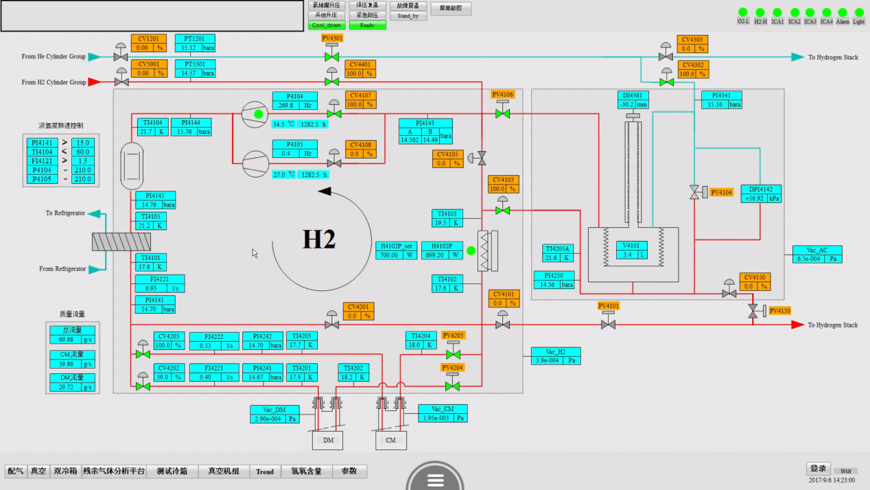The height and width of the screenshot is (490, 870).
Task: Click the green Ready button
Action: (367, 25)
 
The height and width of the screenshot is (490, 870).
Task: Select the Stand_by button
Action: (408, 16)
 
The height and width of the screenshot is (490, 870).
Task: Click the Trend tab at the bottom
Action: (265, 471)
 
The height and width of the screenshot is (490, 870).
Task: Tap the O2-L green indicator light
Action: (743, 12)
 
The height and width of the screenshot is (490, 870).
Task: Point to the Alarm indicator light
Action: (843, 12)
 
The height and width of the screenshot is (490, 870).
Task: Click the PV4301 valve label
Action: (332, 38)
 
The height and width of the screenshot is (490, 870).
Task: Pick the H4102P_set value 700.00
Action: (388, 255)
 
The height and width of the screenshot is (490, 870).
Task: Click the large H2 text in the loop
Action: (319, 240)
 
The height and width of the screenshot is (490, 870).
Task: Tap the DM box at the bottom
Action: (328, 440)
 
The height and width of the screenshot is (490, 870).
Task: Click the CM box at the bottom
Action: (390, 440)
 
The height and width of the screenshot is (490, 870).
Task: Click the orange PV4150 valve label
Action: (779, 311)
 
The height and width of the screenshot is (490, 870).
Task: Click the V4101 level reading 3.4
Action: (628, 255)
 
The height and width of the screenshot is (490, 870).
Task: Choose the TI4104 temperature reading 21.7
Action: (145, 131)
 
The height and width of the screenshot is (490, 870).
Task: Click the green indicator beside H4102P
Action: (471, 250)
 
